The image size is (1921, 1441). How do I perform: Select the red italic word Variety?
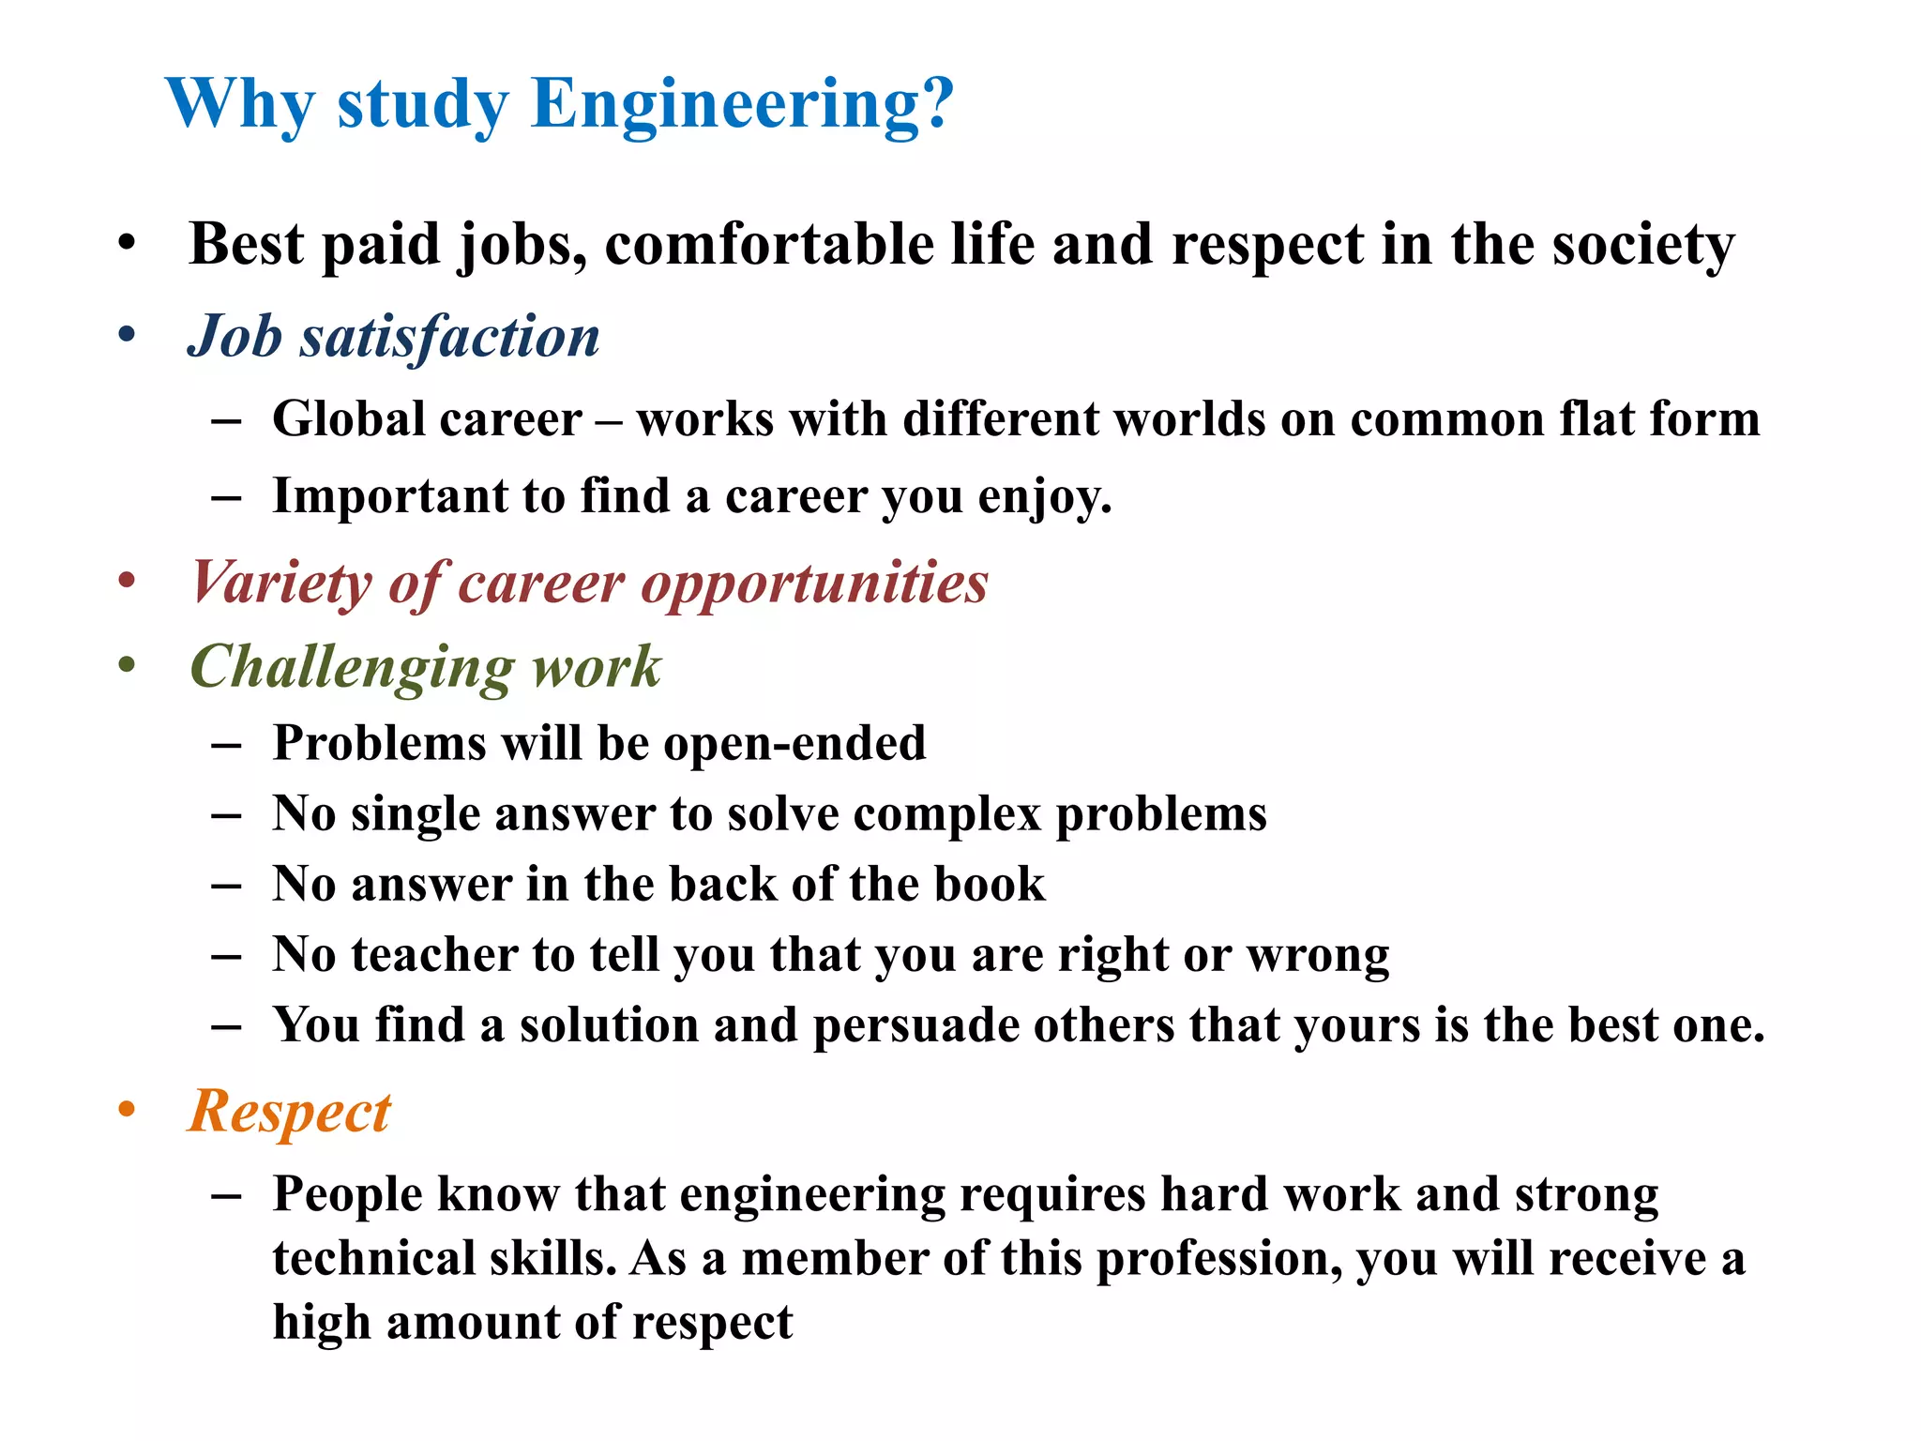coord(281,583)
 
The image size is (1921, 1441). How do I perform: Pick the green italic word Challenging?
coord(352,667)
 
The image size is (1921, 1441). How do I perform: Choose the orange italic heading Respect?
coord(289,1112)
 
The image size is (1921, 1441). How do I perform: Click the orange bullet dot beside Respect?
coord(127,1110)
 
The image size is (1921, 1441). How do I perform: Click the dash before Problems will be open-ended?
coord(226,745)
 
